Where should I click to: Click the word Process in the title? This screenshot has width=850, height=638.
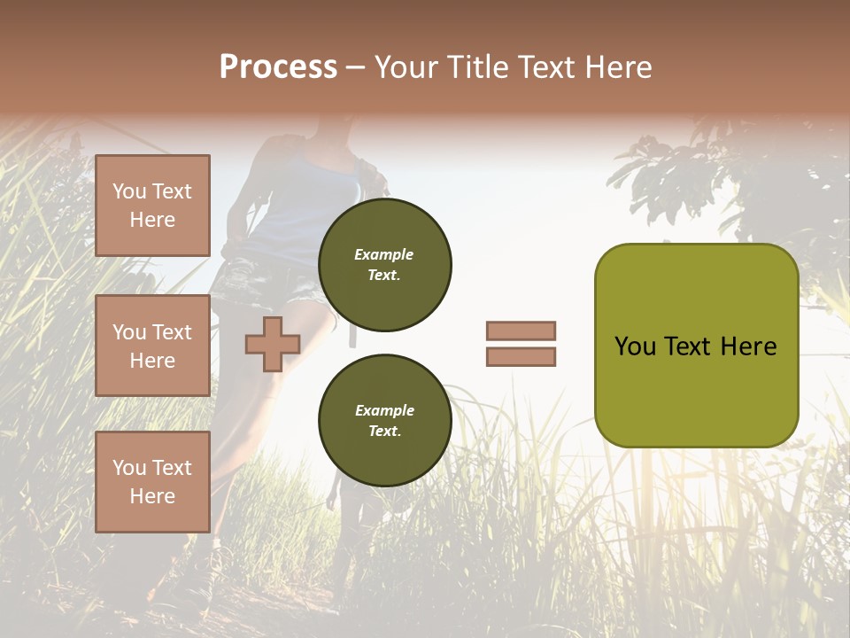pyautogui.click(x=278, y=67)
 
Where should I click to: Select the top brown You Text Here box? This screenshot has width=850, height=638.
pyautogui.click(x=152, y=206)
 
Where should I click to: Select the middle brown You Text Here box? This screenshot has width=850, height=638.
pyautogui.click(x=152, y=346)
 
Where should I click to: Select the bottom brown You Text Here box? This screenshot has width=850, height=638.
pyautogui.click(x=152, y=481)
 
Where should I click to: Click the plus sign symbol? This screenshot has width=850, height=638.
pyautogui.click(x=273, y=344)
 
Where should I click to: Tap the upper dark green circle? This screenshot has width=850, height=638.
pyautogui.click(x=384, y=264)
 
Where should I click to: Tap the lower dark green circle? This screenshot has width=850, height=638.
pyautogui.click(x=384, y=420)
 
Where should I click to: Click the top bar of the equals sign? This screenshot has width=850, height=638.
pyautogui.click(x=521, y=331)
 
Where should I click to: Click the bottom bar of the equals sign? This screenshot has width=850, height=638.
pyautogui.click(x=521, y=356)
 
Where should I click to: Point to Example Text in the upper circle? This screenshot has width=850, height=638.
pyautogui.click(x=384, y=264)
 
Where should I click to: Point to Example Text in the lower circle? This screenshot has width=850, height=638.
pyautogui.click(x=384, y=420)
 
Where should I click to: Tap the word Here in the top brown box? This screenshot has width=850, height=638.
pyautogui.click(x=152, y=220)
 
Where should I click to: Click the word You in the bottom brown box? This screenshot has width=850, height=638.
pyautogui.click(x=129, y=467)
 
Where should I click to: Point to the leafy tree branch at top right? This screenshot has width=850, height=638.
pyautogui.click(x=673, y=177)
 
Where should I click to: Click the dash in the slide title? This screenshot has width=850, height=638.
pyautogui.click(x=355, y=68)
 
